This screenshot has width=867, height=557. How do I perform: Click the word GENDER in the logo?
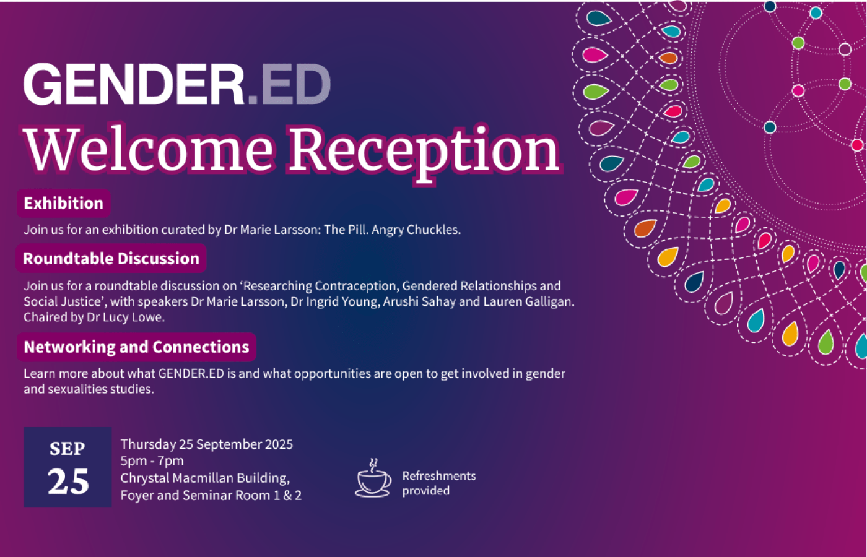point(134,84)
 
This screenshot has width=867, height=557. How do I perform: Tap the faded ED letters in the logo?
point(295,84)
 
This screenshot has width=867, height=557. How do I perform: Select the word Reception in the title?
point(424,150)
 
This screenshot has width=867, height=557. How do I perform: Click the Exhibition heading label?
point(64,203)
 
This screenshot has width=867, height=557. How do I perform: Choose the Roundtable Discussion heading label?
point(111,259)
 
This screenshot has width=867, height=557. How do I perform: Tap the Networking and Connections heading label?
point(136,347)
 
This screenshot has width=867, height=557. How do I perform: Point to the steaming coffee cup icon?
point(373,479)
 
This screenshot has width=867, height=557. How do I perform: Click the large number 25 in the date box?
point(68,481)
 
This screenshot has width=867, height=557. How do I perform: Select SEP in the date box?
point(68,448)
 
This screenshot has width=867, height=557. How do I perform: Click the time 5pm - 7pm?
point(152,460)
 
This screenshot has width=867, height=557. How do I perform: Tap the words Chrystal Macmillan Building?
point(204,478)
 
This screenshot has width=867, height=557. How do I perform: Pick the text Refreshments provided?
point(438,483)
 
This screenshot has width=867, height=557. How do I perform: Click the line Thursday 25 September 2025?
point(207,444)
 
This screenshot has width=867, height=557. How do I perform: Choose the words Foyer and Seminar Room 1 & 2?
point(211,495)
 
